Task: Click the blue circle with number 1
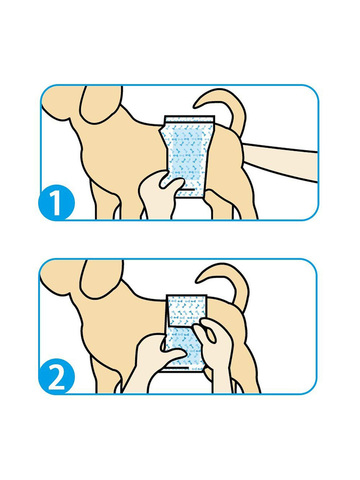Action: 56,202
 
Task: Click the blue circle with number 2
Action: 56,376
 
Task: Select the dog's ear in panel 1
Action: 100,103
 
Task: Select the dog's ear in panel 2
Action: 100,278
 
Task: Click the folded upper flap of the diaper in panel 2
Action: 187,310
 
